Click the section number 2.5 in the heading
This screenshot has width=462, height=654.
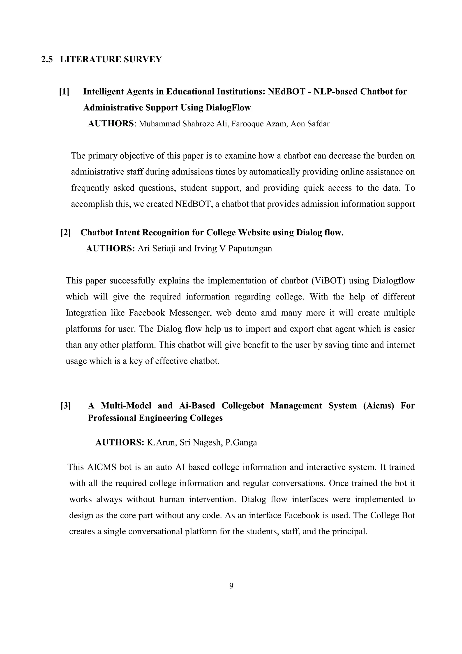pyautogui.click(x=47, y=59)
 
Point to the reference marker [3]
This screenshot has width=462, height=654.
pyautogui.click(x=66, y=406)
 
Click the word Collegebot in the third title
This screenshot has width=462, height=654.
pyautogui.click(x=243, y=406)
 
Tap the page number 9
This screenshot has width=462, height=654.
pyautogui.click(x=231, y=586)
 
